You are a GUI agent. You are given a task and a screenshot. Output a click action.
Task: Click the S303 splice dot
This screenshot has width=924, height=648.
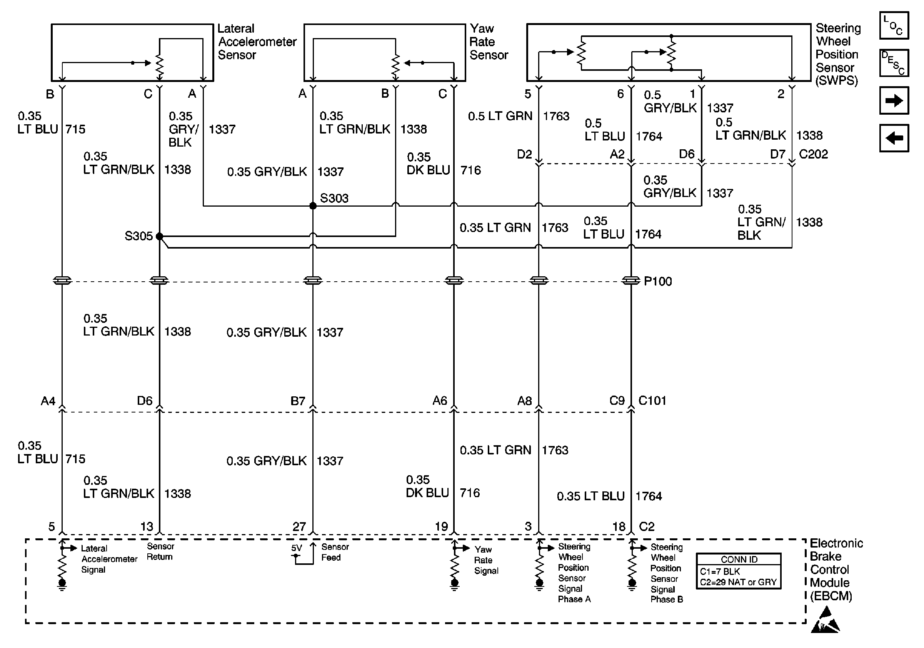click(x=313, y=205)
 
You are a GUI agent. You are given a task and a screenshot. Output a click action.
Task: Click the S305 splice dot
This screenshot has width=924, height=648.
click(x=159, y=236)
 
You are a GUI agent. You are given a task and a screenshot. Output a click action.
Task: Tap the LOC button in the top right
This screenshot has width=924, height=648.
click(x=894, y=25)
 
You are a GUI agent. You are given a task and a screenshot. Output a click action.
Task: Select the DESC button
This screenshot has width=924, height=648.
click(x=894, y=63)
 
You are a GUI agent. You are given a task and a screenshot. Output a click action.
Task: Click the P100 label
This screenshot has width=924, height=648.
click(x=657, y=281)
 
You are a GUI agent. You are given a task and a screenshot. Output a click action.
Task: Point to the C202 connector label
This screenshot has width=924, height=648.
click(x=813, y=154)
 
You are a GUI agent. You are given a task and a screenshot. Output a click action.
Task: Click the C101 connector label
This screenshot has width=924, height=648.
click(x=652, y=401)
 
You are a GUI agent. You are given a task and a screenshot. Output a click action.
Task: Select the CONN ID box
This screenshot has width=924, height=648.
click(x=739, y=571)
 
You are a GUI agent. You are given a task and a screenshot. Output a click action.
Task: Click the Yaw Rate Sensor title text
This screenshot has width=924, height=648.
click(x=489, y=42)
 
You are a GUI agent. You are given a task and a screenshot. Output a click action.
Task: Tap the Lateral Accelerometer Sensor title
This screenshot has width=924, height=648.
click(x=257, y=42)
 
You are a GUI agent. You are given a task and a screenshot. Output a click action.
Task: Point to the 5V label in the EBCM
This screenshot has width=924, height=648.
click(x=296, y=548)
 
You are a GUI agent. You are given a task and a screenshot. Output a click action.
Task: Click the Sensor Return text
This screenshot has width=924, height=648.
click(x=160, y=551)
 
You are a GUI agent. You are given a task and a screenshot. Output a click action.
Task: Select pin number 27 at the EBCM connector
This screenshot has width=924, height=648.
click(x=299, y=526)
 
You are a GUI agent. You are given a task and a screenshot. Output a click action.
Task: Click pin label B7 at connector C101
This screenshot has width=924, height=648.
click(x=298, y=401)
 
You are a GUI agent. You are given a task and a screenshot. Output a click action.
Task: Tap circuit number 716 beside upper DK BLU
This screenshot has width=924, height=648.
click(x=470, y=170)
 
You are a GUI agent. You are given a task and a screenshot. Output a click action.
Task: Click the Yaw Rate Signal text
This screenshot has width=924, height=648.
click(x=486, y=560)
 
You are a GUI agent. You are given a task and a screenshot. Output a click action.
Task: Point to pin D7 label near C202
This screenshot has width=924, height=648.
click(x=777, y=154)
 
